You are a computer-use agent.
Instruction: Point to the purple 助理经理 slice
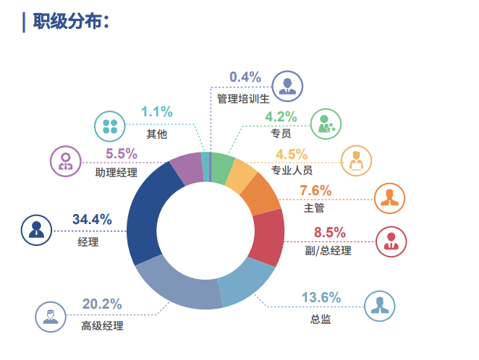point(185,168)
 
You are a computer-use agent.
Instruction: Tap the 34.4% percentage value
point(91,219)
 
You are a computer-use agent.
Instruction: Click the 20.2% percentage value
point(102,304)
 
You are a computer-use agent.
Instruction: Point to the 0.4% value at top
point(245,77)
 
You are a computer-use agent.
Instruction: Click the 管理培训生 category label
point(243,98)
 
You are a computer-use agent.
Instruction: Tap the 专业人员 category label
point(292,171)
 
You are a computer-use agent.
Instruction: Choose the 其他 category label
point(157,134)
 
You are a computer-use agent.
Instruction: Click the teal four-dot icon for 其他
point(111,126)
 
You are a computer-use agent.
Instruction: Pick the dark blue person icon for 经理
point(37,230)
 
